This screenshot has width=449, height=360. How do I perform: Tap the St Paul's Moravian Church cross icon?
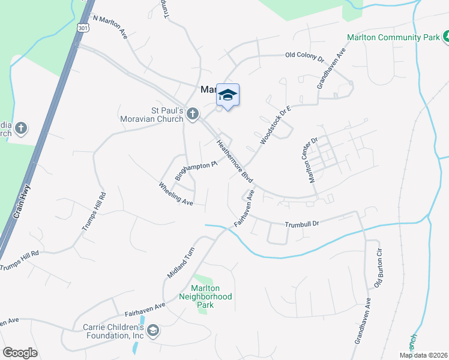tap(193, 114)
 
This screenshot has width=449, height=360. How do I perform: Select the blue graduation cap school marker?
tap(228, 95)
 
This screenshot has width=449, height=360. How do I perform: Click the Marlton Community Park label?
tap(393, 37)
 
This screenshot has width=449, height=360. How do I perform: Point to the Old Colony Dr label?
tap(304, 58)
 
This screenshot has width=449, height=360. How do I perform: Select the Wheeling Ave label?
tap(176, 194)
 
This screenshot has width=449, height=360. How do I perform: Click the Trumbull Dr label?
tap(301, 224)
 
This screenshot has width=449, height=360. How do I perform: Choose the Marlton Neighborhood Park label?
tap(206, 296)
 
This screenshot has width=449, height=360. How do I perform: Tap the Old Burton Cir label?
tap(378, 266)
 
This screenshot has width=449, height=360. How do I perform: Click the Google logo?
tap(20, 352)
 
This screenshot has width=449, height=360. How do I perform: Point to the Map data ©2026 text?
tap(423, 355)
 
